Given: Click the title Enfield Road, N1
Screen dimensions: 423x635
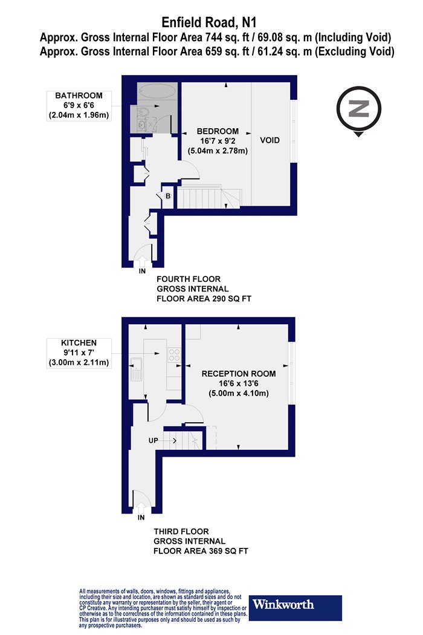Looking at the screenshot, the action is [209, 22].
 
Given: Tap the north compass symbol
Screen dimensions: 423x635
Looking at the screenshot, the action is [358, 110].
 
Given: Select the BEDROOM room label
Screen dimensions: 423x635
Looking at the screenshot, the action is [218, 131].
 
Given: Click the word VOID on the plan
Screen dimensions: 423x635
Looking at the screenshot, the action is [270, 140].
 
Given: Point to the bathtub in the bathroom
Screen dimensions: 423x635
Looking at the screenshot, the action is [157, 91].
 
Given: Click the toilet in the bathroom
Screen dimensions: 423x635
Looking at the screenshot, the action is [142, 112].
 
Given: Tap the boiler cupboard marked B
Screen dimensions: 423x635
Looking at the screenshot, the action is [167, 197].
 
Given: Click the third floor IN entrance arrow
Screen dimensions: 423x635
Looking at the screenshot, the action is [141, 507].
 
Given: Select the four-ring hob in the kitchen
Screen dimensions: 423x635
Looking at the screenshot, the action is [174, 354].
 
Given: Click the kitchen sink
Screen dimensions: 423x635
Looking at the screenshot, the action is [136, 370].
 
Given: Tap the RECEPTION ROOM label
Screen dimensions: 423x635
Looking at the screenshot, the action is [239, 374].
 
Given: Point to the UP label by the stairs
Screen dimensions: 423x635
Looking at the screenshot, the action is [153, 440].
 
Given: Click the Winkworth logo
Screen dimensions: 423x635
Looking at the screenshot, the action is [295, 607].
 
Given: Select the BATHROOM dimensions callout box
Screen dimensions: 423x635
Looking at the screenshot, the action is [79, 106].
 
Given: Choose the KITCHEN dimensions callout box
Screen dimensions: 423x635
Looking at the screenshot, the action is [79, 353].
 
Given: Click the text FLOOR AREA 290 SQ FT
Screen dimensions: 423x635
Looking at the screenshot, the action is [204, 299].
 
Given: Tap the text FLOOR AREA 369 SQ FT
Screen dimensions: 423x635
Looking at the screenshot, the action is [201, 551].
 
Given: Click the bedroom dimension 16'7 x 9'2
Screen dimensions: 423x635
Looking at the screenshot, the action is [218, 141].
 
